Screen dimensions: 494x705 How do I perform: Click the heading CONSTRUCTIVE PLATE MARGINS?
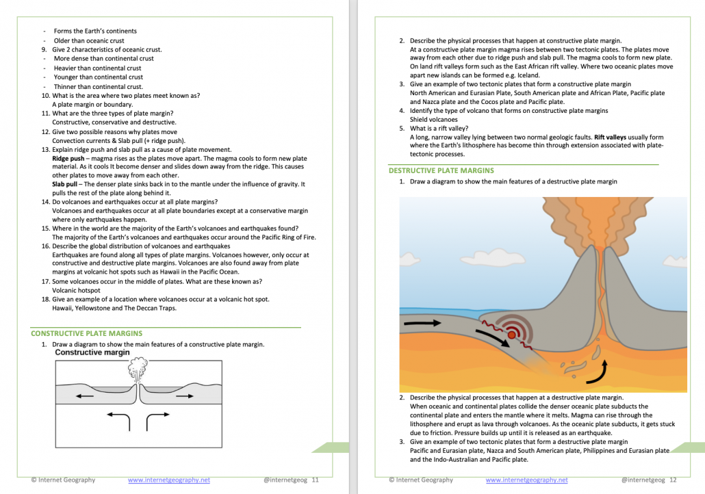pos(86,333)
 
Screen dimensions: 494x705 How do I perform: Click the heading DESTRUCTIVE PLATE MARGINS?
pos(441,170)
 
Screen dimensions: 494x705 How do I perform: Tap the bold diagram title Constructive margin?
pos(92,352)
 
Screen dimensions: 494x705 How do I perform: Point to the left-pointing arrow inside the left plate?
pos(85,395)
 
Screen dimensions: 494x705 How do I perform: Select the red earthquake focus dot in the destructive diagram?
pos(511,335)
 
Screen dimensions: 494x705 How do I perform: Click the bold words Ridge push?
pos(69,158)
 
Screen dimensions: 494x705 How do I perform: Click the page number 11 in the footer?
pos(316,480)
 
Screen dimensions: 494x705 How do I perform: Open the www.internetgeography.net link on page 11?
pos(169,480)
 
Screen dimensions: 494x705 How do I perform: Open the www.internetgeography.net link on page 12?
pos(526,480)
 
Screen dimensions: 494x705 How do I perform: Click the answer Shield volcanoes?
pos(433,119)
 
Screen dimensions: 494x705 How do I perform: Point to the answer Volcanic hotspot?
pos(76,290)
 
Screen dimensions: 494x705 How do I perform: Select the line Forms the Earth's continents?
pos(95,31)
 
